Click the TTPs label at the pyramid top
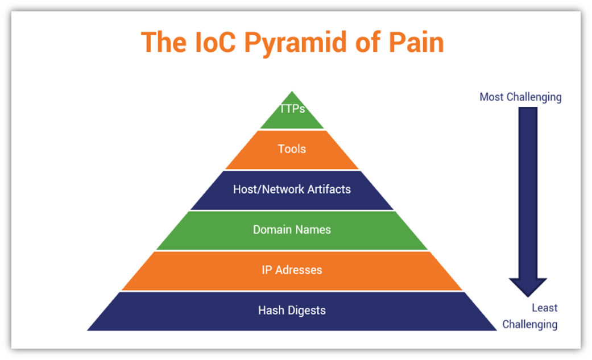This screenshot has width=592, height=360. pyautogui.click(x=292, y=109)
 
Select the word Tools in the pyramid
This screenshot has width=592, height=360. pyautogui.click(x=292, y=149)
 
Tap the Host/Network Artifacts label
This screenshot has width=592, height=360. pyautogui.click(x=292, y=189)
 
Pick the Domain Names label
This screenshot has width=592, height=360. pyautogui.click(x=292, y=230)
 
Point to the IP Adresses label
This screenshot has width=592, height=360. pyautogui.click(x=292, y=270)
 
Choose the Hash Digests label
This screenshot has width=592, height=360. pyautogui.click(x=292, y=311)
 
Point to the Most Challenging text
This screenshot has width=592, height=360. pyautogui.click(x=520, y=97)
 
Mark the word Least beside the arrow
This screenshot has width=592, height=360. pyautogui.click(x=544, y=308)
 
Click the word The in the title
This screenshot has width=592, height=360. pyautogui.click(x=160, y=42)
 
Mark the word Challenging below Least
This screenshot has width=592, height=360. pyautogui.click(x=529, y=325)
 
